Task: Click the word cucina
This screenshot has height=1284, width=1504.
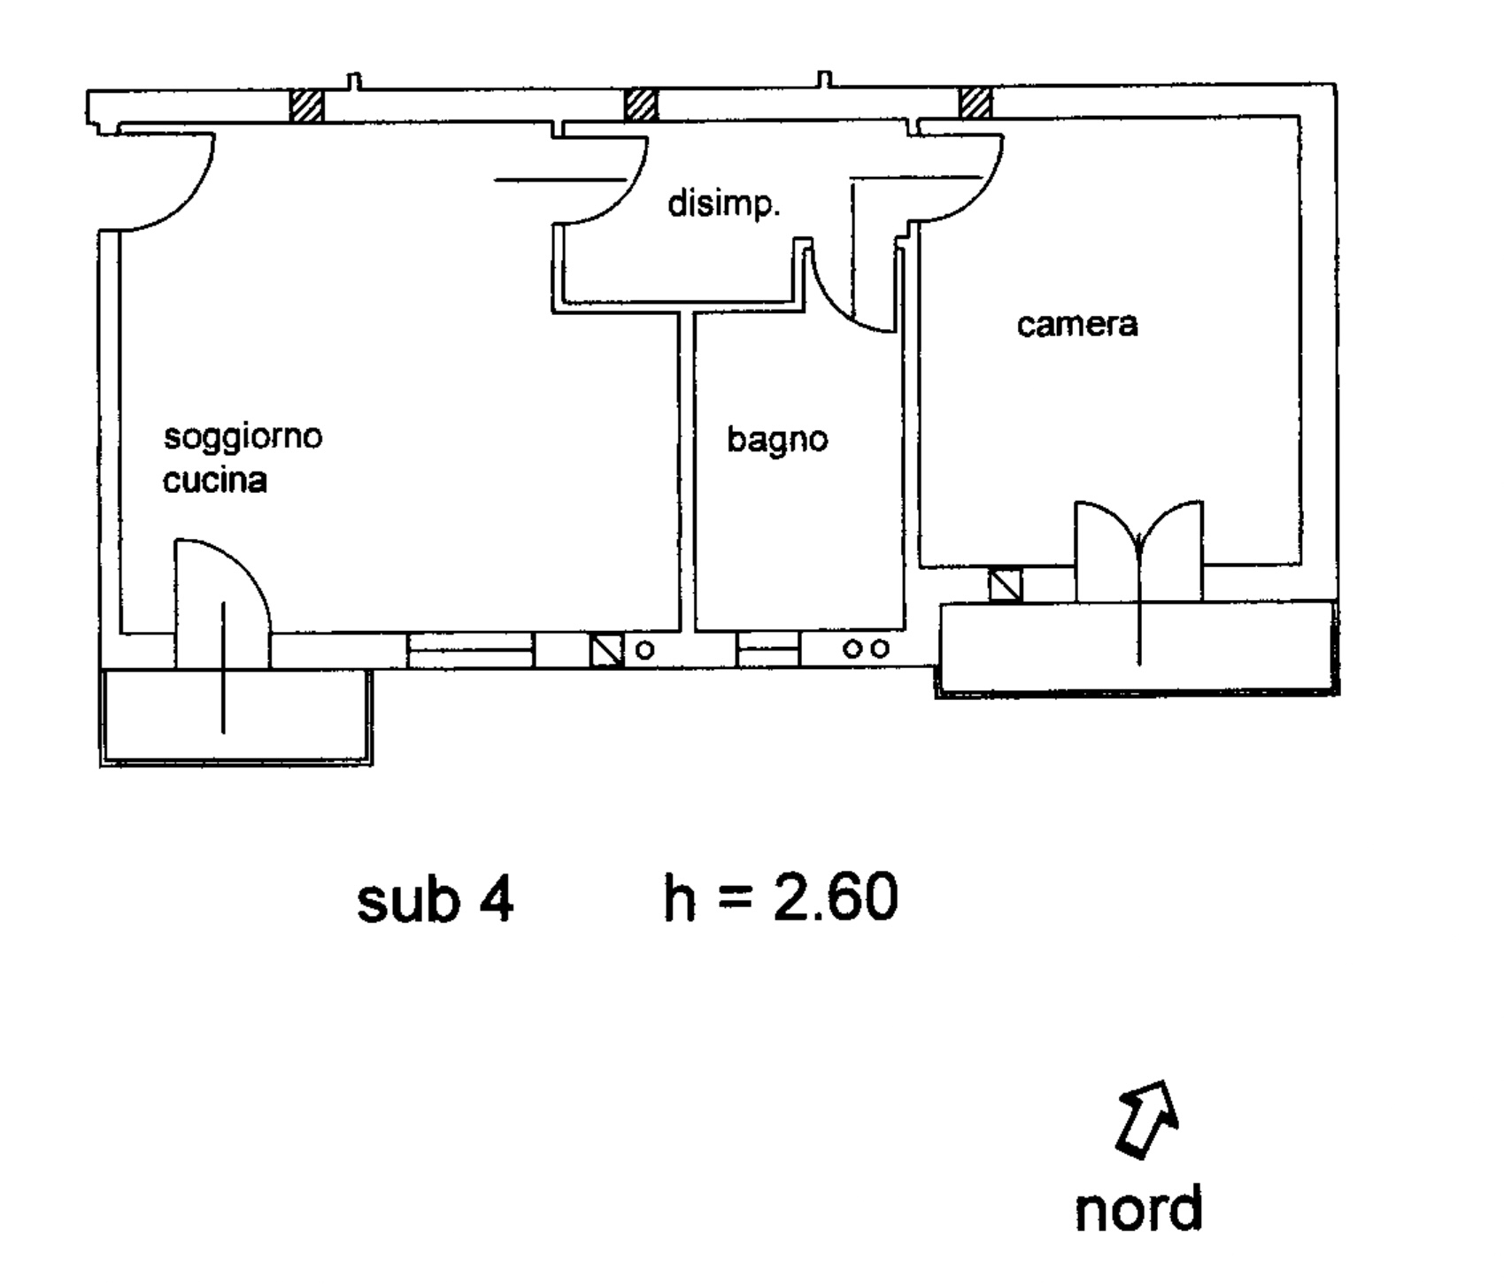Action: [215, 480]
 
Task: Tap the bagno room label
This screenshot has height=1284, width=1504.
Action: [777, 440]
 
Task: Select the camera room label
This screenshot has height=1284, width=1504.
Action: [1077, 325]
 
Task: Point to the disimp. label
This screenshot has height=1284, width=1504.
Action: [724, 204]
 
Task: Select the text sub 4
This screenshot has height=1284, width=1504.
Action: [435, 900]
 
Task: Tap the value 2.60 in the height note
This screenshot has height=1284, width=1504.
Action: [837, 898]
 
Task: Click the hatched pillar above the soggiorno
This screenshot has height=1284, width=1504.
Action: [308, 105]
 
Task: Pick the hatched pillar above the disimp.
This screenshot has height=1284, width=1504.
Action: [642, 105]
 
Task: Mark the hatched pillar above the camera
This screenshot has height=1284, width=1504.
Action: [976, 103]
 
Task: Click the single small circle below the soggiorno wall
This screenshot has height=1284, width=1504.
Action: [645, 650]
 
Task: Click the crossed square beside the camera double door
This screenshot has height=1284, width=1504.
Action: [1005, 585]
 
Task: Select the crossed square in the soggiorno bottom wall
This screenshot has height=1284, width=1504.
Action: [607, 650]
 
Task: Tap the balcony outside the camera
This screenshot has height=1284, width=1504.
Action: [1138, 649]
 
